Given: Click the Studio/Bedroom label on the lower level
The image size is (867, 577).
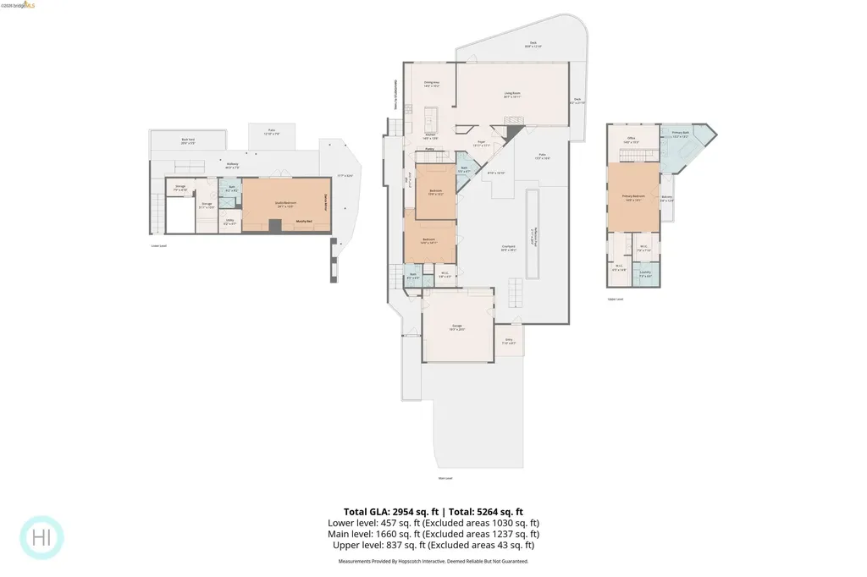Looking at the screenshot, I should coord(284,203).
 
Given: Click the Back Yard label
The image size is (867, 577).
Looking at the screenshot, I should coord(187,141).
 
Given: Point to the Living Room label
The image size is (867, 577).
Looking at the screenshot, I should coord(512,95).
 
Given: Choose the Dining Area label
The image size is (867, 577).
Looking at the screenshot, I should coord(431,84).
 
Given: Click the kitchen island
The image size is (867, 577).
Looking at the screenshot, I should coord(429,116).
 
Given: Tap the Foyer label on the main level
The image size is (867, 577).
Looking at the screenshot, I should coord(480,144).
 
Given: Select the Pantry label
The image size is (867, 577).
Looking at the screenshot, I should coord(430,148).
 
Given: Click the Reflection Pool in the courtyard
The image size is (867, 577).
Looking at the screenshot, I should coord(533,233).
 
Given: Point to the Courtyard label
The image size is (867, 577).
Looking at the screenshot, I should coord(508,248).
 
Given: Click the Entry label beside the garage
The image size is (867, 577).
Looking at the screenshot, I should coord(509,342).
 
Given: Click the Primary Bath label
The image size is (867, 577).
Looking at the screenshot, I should coord(681,134).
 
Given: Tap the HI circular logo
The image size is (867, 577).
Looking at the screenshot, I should coord(41,537).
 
